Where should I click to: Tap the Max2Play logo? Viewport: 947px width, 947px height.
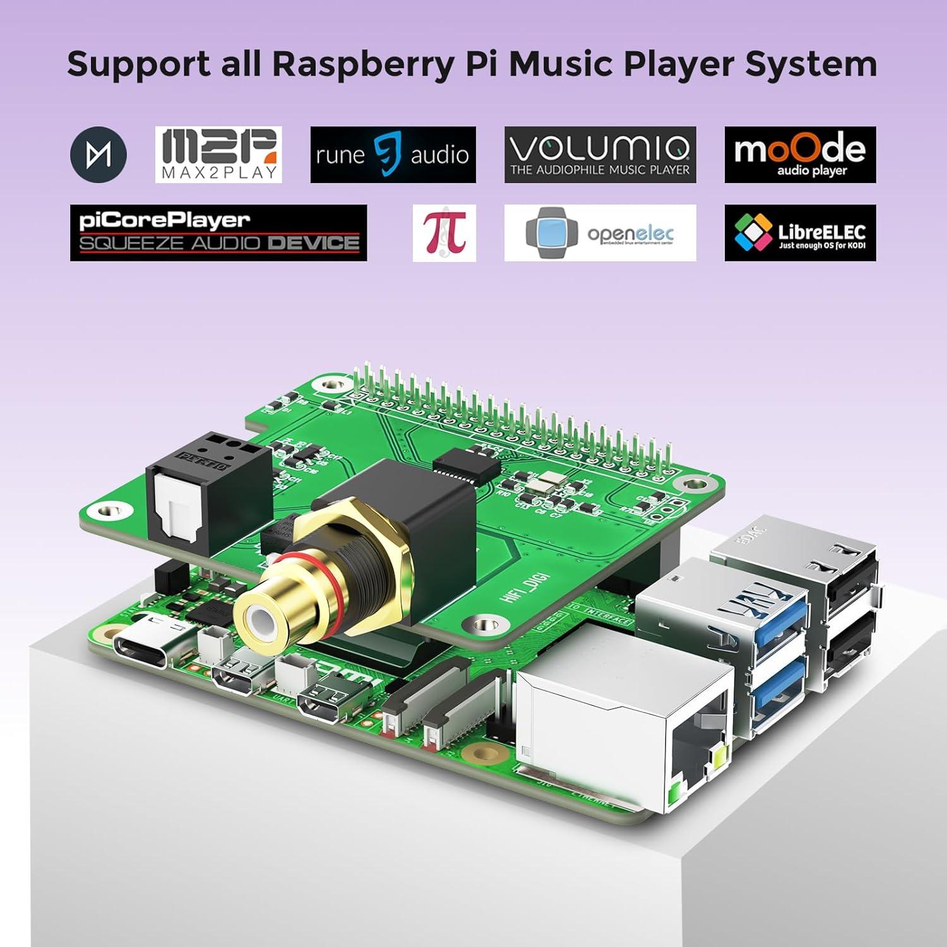point(218,155)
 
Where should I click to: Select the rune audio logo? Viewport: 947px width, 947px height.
point(393,155)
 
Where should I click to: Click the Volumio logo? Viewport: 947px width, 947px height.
point(600,155)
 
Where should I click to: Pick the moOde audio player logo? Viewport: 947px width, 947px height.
point(800,155)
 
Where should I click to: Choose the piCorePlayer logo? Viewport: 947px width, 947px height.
point(218,232)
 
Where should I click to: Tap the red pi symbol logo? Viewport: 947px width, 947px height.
point(444,232)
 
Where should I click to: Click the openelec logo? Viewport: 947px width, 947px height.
point(600,232)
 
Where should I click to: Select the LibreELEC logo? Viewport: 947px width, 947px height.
point(800,232)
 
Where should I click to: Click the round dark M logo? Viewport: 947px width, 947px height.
point(98,155)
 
